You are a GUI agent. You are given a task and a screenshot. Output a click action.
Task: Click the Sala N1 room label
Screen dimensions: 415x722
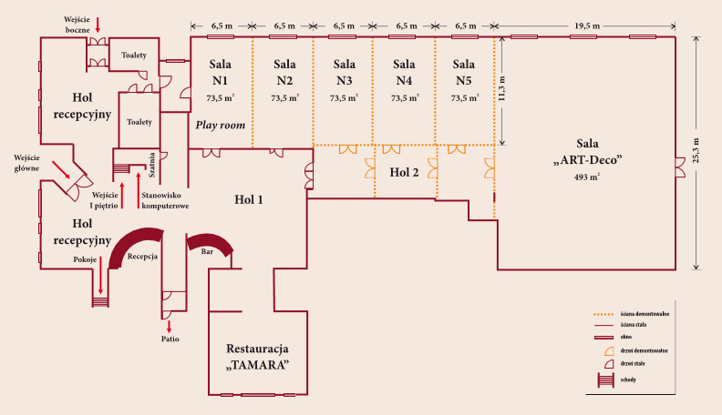click(221, 72)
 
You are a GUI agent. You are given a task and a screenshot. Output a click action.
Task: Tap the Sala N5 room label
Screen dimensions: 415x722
click(464, 72)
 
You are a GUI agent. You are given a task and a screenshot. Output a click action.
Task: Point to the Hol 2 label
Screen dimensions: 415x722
click(404, 171)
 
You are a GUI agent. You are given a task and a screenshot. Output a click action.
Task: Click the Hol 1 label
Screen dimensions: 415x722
click(248, 199)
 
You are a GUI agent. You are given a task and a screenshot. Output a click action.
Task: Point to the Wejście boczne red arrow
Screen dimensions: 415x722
click(98, 23)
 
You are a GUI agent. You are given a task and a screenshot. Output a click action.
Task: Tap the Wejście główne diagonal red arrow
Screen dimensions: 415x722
click(62, 170)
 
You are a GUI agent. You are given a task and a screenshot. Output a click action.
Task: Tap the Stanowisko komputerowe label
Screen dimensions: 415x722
click(165, 200)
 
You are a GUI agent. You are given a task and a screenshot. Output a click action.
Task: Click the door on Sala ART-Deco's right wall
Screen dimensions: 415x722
click(679, 165)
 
